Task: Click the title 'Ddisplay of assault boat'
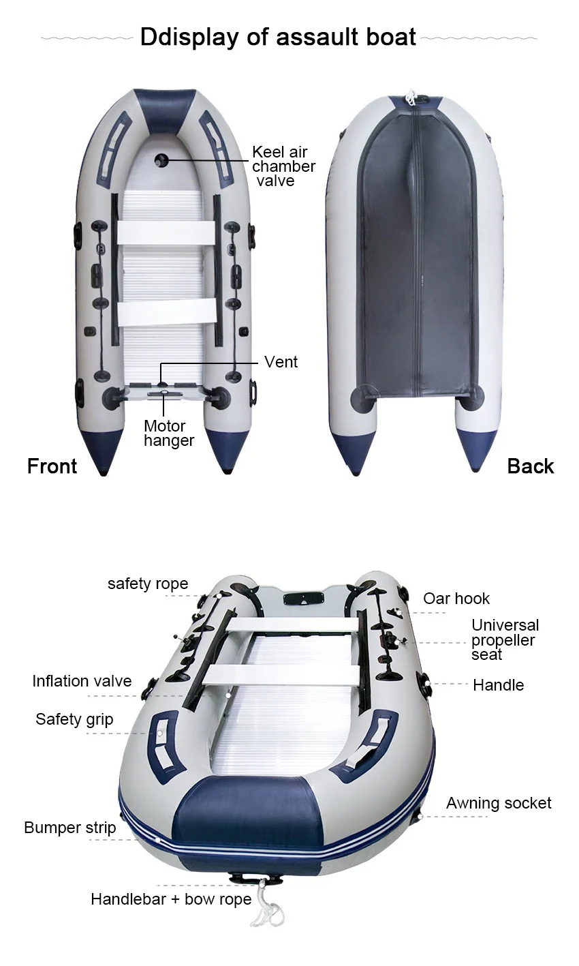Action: (x=278, y=37)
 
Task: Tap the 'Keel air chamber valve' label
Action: (x=283, y=166)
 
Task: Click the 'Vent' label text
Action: (x=281, y=362)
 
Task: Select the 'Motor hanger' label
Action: (x=169, y=434)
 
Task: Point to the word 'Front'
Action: (x=52, y=466)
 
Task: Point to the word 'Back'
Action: (x=531, y=466)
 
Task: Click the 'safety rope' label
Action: (x=148, y=584)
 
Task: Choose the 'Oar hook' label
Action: (x=456, y=599)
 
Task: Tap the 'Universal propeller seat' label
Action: (x=505, y=640)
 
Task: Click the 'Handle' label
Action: (x=499, y=685)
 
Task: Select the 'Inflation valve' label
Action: (x=82, y=681)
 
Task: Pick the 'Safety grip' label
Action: (x=74, y=720)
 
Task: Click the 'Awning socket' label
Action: (x=499, y=804)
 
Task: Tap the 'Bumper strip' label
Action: (x=69, y=828)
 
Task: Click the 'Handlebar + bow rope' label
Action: (x=171, y=900)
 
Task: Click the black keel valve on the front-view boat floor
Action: (x=161, y=160)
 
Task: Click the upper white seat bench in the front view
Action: (x=165, y=233)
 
